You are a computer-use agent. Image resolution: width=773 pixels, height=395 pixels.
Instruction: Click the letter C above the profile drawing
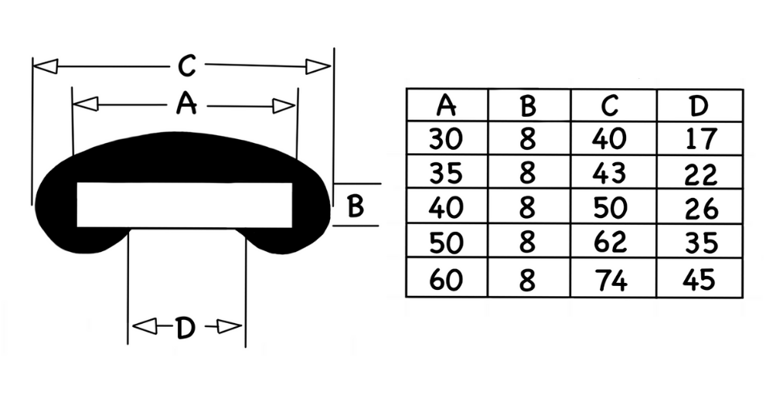[187, 66]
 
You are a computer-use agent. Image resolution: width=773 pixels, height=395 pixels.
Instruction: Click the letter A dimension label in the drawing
[186, 104]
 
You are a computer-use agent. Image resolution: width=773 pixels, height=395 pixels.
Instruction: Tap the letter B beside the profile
[355, 206]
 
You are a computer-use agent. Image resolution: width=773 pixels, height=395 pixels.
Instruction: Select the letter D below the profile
[186, 328]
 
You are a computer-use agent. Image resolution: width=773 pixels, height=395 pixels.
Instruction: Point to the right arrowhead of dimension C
[318, 66]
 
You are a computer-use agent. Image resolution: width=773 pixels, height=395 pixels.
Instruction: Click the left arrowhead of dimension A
[85, 104]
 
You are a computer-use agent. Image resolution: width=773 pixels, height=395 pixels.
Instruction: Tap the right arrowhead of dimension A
[284, 106]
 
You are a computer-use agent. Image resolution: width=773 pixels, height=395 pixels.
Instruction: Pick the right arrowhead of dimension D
[230, 326]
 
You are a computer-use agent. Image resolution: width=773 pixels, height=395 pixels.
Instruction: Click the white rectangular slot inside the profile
[185, 205]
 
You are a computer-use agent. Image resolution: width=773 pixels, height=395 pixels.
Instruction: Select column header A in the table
[446, 105]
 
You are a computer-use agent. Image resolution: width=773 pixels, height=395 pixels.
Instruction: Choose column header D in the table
[699, 105]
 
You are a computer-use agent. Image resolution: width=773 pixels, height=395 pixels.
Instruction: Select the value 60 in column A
[446, 280]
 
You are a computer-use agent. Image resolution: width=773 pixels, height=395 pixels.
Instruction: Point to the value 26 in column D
[701, 209]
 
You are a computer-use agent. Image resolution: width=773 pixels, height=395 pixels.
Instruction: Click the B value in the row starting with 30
[527, 138]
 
